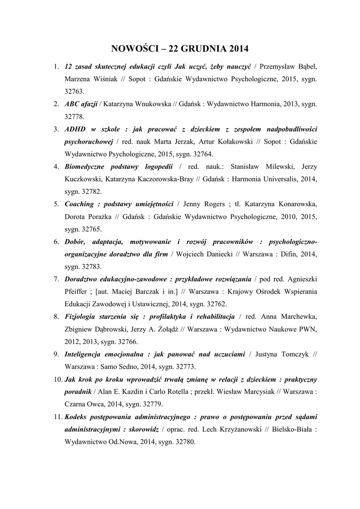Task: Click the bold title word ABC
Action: click(73, 104)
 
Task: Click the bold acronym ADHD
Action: click(75, 129)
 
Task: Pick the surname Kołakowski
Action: click(233, 142)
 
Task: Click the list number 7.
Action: click(56, 279)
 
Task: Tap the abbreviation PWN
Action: click(307, 329)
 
